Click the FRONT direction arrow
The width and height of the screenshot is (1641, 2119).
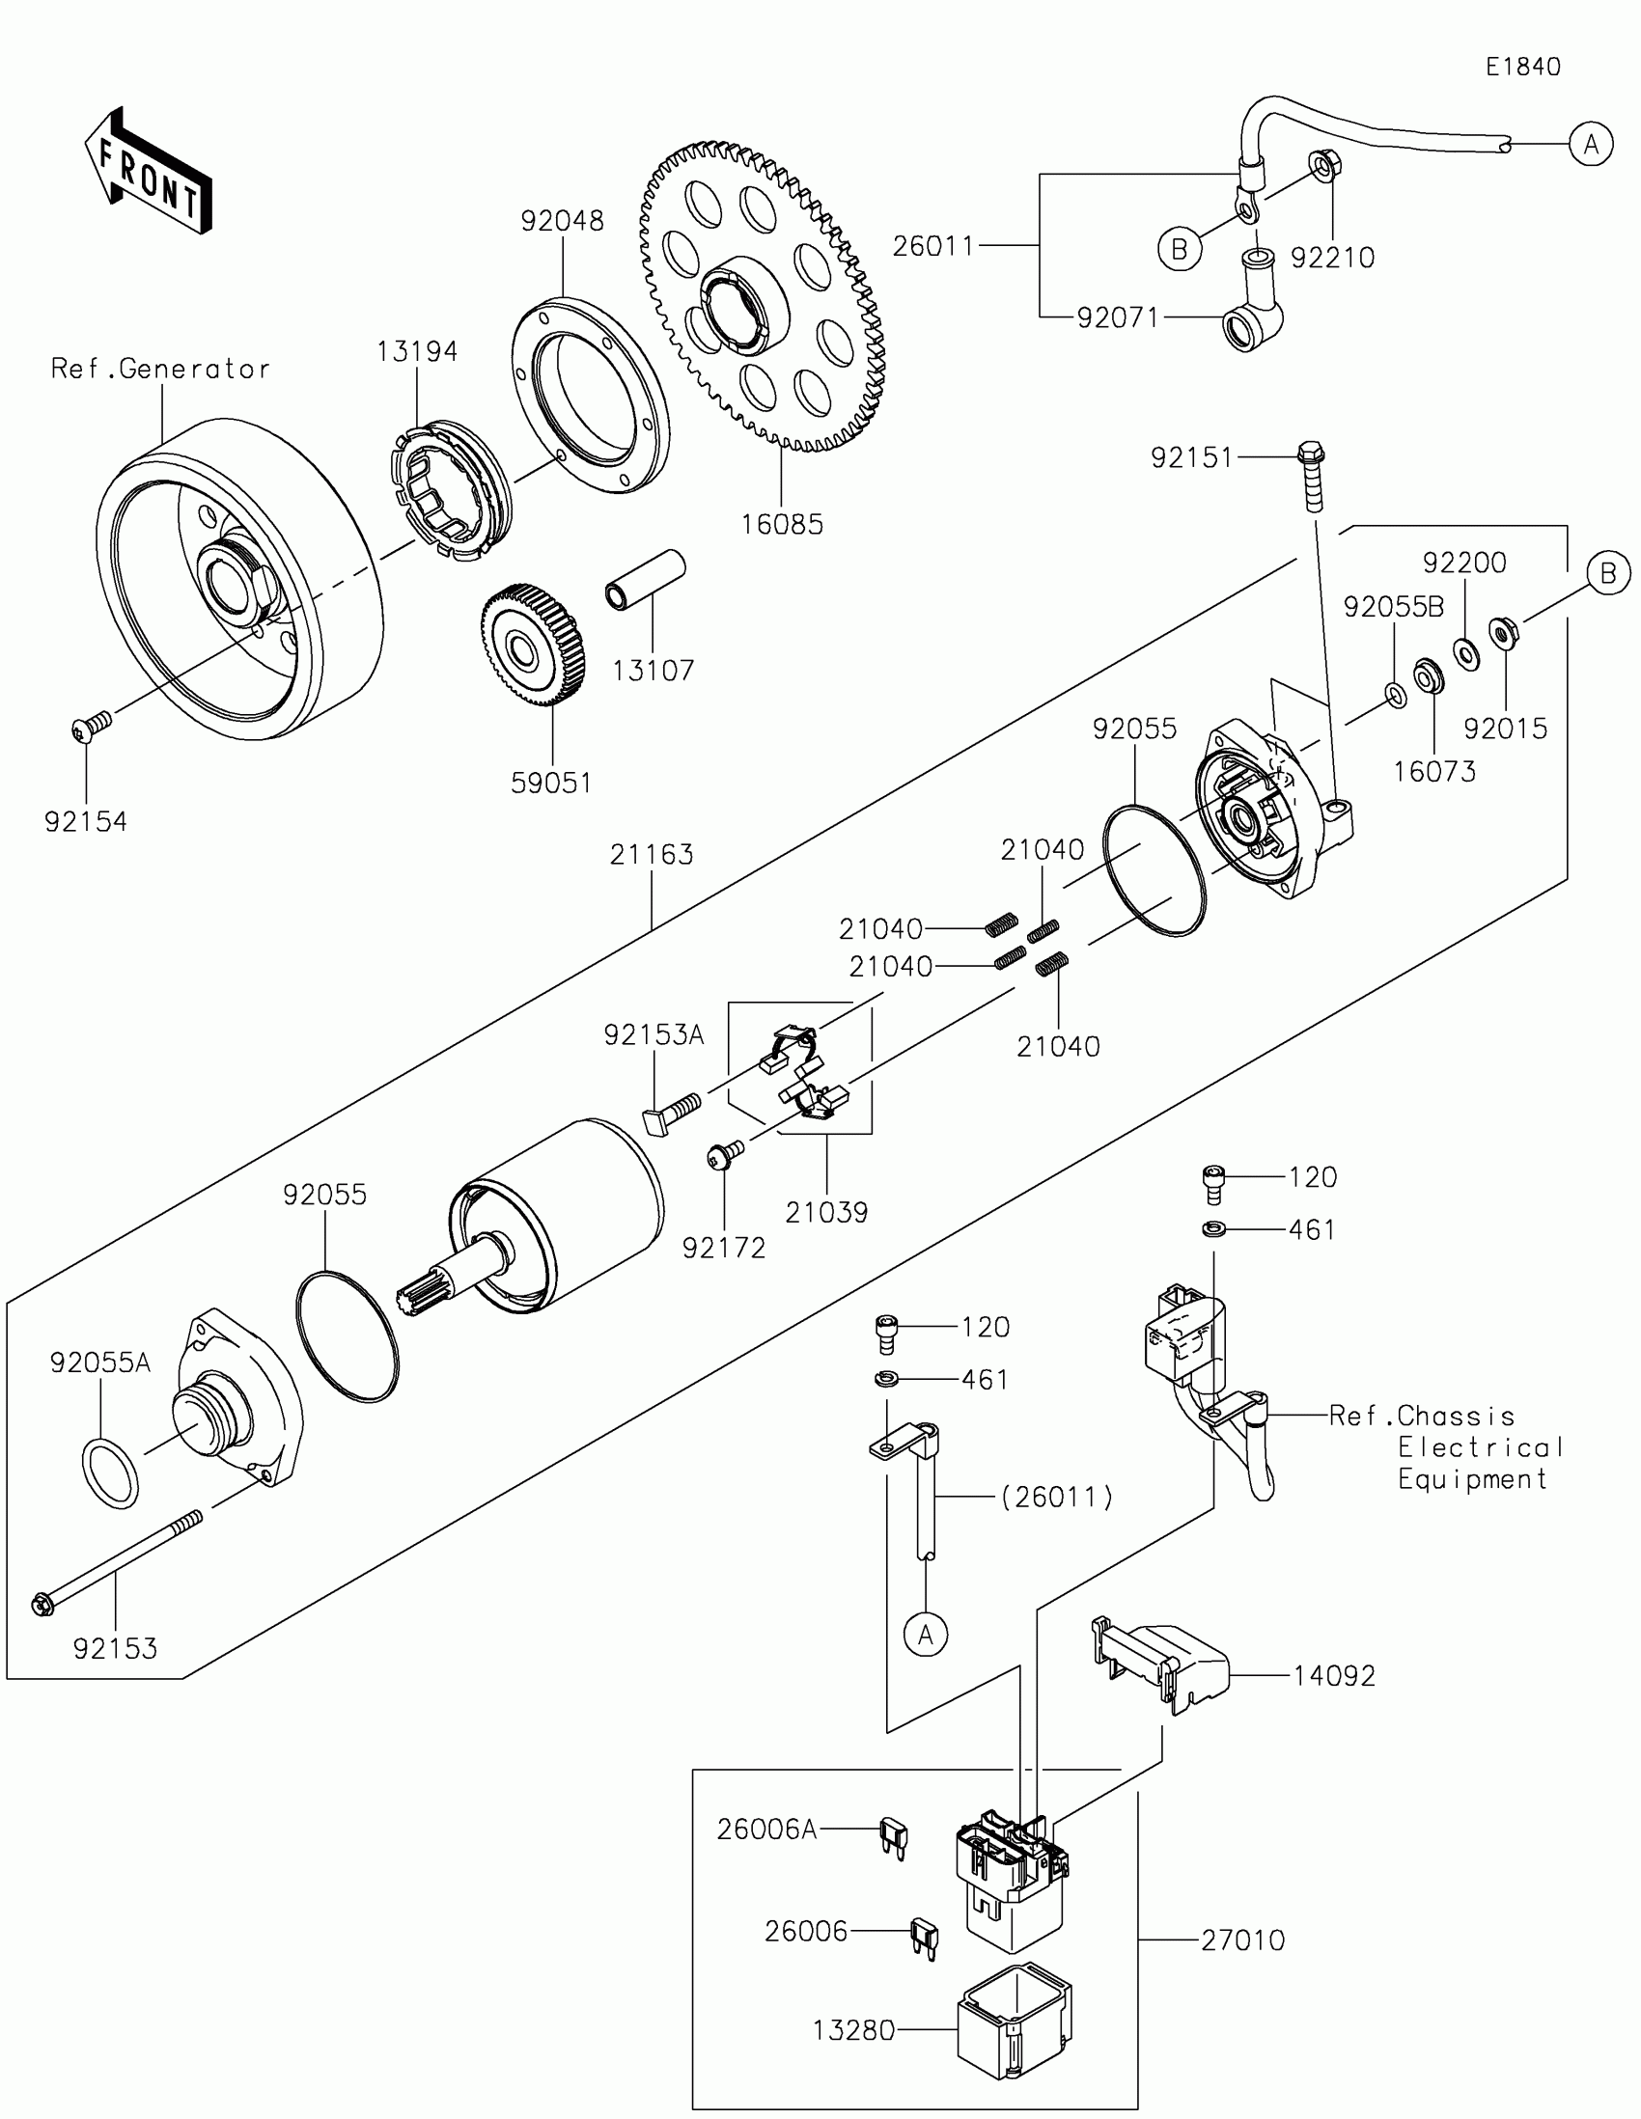point(149,171)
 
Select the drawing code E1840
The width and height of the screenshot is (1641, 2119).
point(1522,67)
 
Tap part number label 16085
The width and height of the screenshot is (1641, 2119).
point(781,525)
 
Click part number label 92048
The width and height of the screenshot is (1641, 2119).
point(562,221)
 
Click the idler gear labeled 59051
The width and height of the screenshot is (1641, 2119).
point(533,647)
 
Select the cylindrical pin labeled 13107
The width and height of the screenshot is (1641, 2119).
point(646,579)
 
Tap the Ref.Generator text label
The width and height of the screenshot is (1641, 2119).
point(160,369)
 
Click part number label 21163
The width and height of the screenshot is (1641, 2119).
point(652,855)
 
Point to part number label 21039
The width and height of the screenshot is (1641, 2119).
point(826,1212)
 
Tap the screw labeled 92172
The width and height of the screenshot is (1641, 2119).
point(726,1153)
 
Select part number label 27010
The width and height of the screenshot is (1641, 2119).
point(1242,1940)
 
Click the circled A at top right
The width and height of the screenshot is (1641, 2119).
point(1591,145)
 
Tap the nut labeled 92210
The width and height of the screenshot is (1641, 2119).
point(1322,166)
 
